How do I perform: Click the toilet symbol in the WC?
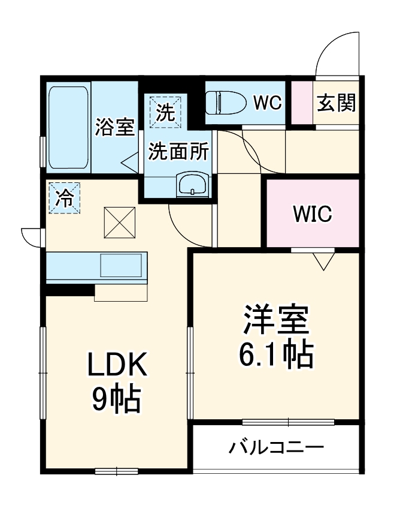point(226,103)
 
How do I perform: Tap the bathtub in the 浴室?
point(68,127)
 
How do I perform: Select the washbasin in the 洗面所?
point(192,184)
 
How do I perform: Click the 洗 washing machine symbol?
point(165,112)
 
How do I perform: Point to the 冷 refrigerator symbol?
point(65,198)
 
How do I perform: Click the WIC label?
point(312,214)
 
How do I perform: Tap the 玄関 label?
point(336,103)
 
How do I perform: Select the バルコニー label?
point(276,447)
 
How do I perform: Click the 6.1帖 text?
point(276,354)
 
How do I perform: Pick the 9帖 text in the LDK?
point(117,399)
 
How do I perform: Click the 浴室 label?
point(114,127)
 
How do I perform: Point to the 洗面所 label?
point(178,151)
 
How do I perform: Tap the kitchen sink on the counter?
point(121,265)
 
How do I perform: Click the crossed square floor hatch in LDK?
point(119,223)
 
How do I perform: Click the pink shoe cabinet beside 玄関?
point(302,103)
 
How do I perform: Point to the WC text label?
point(268,103)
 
